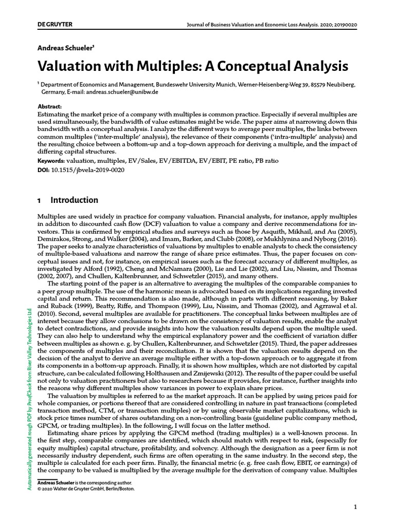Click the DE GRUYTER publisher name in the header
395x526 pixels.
55,25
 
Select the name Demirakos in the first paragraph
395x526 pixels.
55,232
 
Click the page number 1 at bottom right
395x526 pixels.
355,508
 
